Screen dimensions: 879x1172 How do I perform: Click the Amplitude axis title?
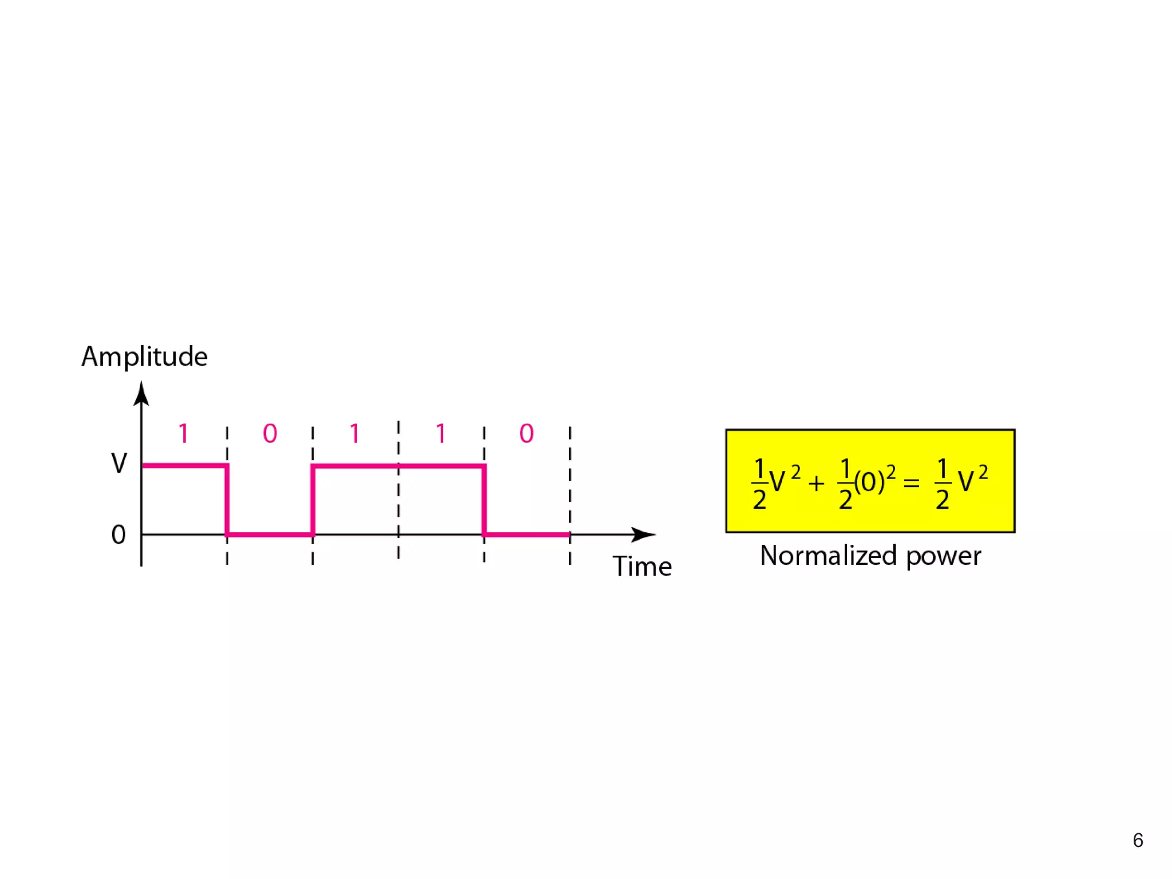tap(144, 357)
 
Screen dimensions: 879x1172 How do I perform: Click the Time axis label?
tap(642, 566)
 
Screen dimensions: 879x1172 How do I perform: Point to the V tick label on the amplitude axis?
tap(119, 463)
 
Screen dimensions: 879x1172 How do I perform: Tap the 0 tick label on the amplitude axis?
tap(118, 534)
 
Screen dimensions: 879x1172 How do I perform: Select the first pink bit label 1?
tap(183, 433)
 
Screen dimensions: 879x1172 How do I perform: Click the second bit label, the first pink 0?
tap(270, 433)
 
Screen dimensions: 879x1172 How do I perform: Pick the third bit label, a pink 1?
tap(355, 433)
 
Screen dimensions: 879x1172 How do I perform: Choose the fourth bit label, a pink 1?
tap(441, 433)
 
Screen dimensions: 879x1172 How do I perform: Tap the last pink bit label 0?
tap(526, 433)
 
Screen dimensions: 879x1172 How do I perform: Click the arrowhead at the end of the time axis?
tap(643, 534)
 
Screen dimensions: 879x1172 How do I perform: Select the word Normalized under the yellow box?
tap(828, 556)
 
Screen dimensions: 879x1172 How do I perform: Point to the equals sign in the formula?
tap(911, 484)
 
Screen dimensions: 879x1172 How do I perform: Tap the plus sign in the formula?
tap(817, 484)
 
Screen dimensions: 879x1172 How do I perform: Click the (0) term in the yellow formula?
tap(869, 482)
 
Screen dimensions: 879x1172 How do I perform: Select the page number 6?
tap(1138, 840)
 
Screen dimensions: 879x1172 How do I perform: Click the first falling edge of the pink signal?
tap(227, 500)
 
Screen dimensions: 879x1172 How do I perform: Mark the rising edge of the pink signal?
tap(312, 500)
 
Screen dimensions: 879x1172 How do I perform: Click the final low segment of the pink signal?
tap(526, 534)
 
